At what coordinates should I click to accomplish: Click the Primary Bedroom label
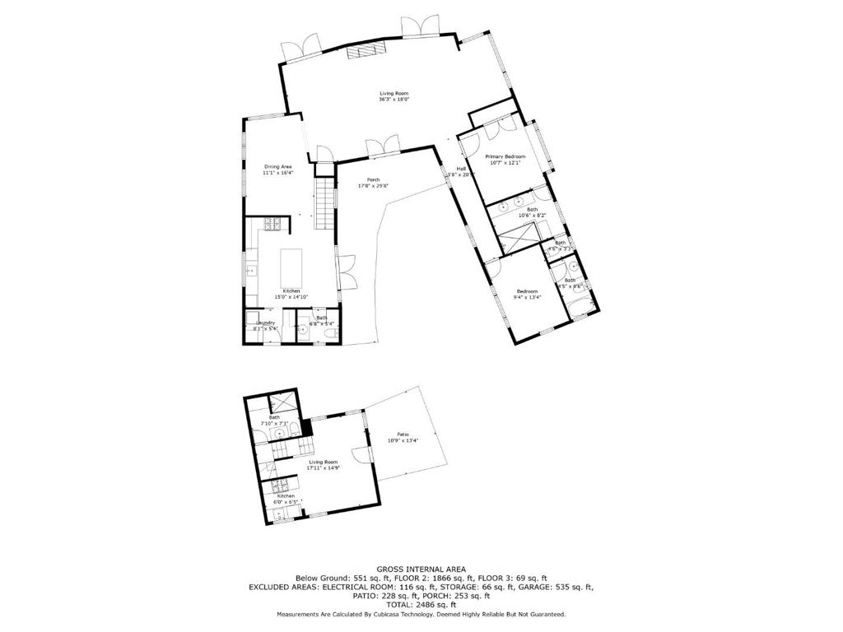click(505, 156)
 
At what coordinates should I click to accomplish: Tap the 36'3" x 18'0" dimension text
click(394, 100)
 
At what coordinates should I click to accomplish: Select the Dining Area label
click(277, 166)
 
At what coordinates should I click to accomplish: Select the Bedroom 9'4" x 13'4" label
click(527, 291)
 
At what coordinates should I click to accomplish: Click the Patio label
click(403, 434)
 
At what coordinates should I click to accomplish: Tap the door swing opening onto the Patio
click(360, 454)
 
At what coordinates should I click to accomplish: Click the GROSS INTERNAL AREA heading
click(421, 569)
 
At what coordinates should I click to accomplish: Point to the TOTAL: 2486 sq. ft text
click(421, 605)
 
